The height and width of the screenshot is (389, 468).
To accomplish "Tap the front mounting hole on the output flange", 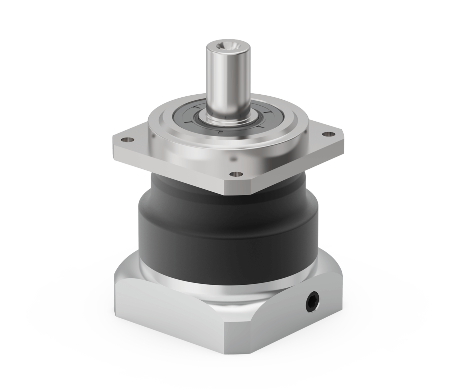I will click(x=236, y=173).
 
